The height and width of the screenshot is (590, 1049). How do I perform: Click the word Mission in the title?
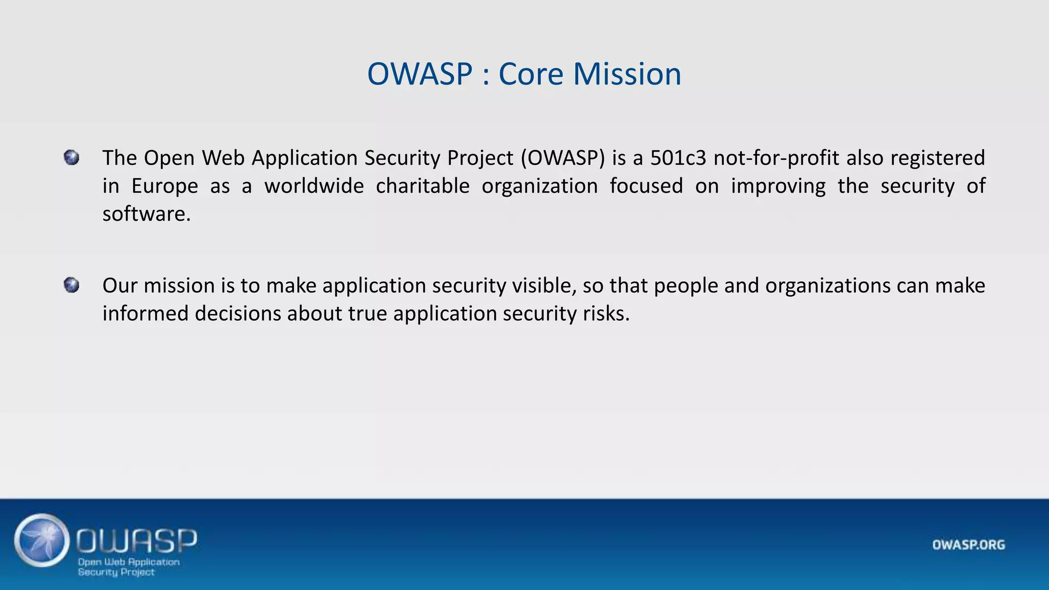coord(627,74)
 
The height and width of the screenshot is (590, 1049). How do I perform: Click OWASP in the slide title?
coord(419,74)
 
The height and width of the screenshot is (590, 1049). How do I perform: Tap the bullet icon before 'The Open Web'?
coord(72,157)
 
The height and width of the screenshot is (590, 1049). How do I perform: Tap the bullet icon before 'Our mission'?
coord(72,285)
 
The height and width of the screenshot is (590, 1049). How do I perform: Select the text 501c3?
coord(678,158)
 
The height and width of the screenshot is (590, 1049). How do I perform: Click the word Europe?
coord(164,186)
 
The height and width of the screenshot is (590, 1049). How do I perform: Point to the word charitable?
coord(423,186)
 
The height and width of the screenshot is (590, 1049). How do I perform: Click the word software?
coord(146,214)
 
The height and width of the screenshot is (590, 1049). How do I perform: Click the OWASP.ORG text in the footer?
coord(968,545)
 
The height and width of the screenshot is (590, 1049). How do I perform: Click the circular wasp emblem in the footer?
coord(42,540)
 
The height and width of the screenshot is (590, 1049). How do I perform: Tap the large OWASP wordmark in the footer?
coord(137,540)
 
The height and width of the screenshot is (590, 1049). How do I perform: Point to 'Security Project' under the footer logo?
coord(116,572)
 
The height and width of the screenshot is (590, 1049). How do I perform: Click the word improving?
coord(778,186)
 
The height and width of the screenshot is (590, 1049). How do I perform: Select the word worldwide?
coord(314,186)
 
